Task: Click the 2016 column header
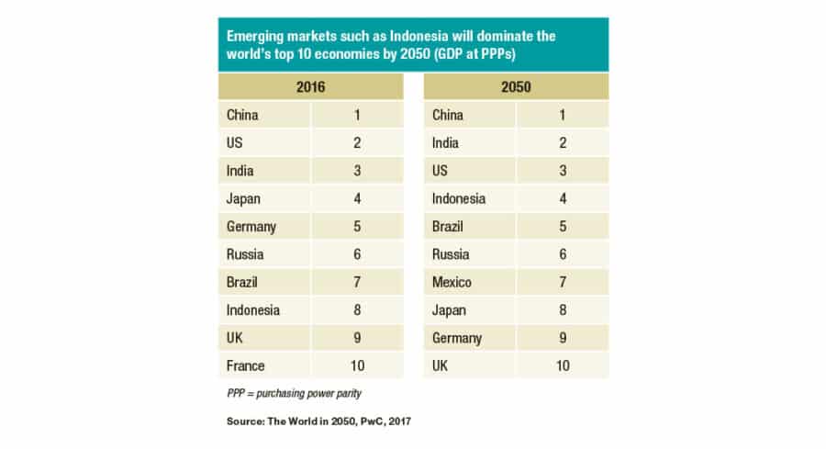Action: [x=310, y=86]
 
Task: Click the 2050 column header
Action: [x=516, y=86]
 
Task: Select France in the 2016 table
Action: [x=245, y=365]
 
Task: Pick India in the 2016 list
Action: [x=240, y=171]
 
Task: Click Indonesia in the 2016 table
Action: [x=253, y=310]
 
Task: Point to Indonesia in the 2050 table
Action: [x=459, y=198]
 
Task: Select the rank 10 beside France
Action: [x=357, y=365]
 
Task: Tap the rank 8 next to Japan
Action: [x=563, y=310]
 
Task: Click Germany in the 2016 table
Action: [x=251, y=227]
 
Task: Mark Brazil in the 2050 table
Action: [x=449, y=227]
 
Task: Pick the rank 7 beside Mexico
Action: [x=563, y=282]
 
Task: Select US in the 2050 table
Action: [x=441, y=171]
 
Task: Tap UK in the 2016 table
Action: [x=235, y=338]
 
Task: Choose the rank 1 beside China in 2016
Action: [x=357, y=116]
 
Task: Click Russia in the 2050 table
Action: [x=451, y=254]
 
